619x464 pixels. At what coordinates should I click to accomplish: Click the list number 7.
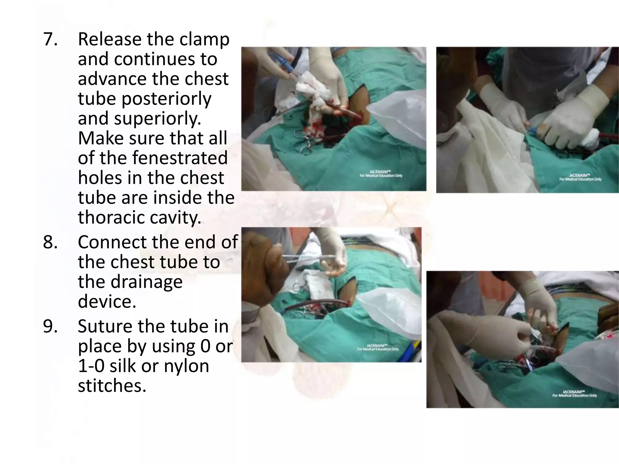pos(50,39)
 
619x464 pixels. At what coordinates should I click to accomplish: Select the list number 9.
pos(50,326)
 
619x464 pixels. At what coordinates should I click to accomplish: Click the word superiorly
pos(157,118)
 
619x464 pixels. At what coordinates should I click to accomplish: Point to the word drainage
pos(130,282)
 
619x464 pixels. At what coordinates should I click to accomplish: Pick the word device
pos(107,301)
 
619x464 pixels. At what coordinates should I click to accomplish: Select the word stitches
pos(112,386)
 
